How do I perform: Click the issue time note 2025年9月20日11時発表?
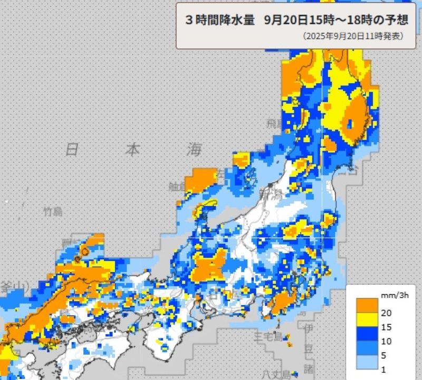pos(353,37)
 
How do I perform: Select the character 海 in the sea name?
pos(194,149)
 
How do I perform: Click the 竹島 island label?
pos(53,212)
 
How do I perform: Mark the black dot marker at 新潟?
pos(271,184)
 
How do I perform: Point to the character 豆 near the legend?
pos(309,348)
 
